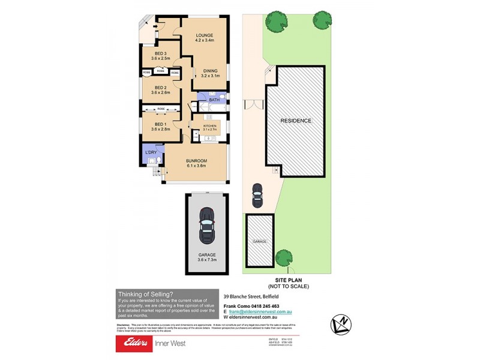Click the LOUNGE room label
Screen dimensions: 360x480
205,35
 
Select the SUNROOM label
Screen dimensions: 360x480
196,161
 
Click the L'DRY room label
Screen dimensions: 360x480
151,153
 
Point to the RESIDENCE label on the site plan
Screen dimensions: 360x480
296,121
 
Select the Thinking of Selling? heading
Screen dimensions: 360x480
146,294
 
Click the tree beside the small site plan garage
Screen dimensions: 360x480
284,259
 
